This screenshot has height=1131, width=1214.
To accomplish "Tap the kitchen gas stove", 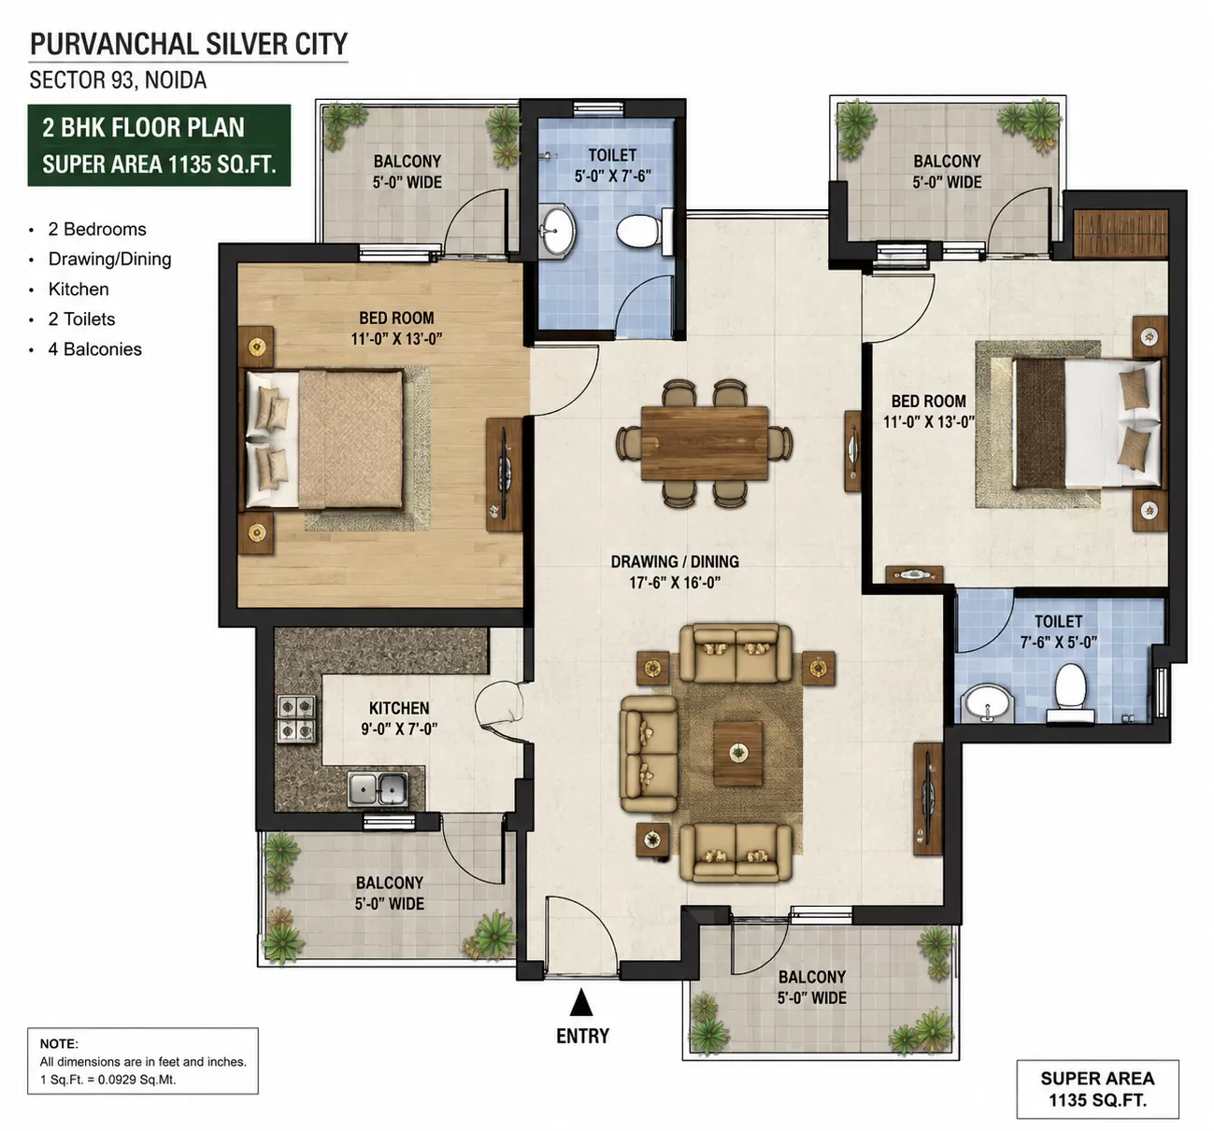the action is [x=296, y=718].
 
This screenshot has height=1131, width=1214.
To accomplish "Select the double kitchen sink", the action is [x=378, y=788].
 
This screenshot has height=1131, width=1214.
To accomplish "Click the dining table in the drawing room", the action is [x=704, y=443].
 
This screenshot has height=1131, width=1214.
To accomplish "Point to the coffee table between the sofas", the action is [x=737, y=753].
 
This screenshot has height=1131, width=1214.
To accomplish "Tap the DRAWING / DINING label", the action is [x=675, y=561].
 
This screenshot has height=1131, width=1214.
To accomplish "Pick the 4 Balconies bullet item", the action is [x=94, y=349].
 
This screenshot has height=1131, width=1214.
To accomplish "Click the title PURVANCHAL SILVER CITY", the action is [x=189, y=44].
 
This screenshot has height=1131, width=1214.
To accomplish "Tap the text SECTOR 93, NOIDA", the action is [x=118, y=80].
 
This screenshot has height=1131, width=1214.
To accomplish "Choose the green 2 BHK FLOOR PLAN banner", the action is [x=159, y=146].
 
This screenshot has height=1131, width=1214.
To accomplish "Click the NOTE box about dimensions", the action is [x=142, y=1061].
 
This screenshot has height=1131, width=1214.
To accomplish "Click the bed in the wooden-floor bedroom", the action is [x=324, y=439].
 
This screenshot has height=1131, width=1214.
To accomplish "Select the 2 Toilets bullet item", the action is [x=82, y=319].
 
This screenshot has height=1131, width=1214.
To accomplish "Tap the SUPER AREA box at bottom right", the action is [x=1097, y=1089].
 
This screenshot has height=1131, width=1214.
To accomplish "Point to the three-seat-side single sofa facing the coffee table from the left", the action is [x=650, y=754].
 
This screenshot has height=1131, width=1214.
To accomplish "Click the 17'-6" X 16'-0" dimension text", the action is [x=675, y=582].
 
